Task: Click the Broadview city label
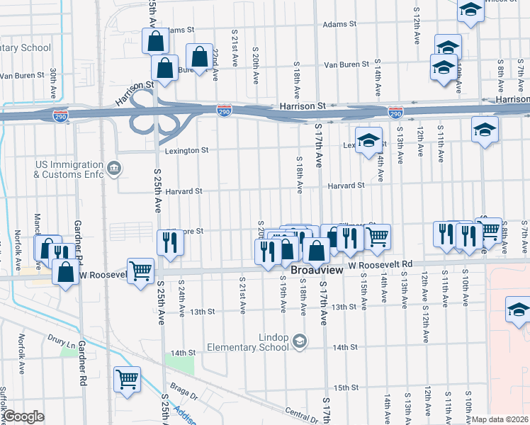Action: pyautogui.click(x=316, y=271)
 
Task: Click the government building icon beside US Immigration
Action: pyautogui.click(x=115, y=169)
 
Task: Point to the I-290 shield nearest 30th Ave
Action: pyautogui.click(x=61, y=116)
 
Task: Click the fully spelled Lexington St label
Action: pyautogui.click(x=187, y=151)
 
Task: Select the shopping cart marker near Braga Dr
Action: pyautogui.click(x=127, y=378)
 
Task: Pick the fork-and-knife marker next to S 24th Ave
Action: pyautogui.click(x=169, y=242)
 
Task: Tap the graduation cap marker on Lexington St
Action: pyautogui.click(x=368, y=140)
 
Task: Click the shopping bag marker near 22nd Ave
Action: pyautogui.click(x=200, y=56)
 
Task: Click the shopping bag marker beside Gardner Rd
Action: pyautogui.click(x=65, y=272)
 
